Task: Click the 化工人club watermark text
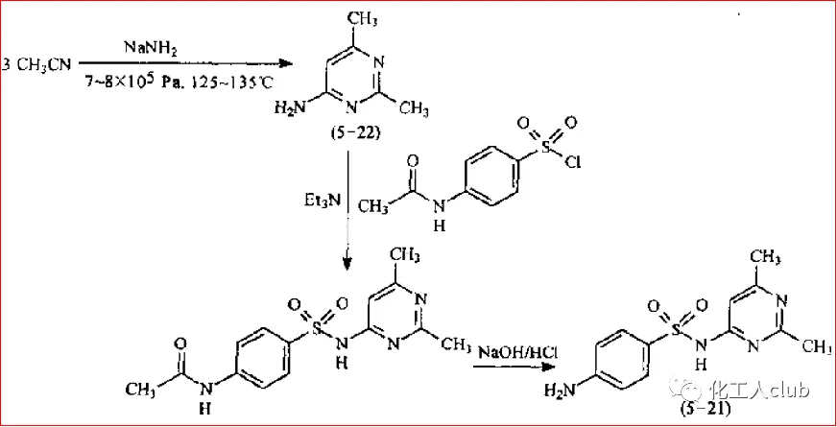[x=753, y=391]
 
